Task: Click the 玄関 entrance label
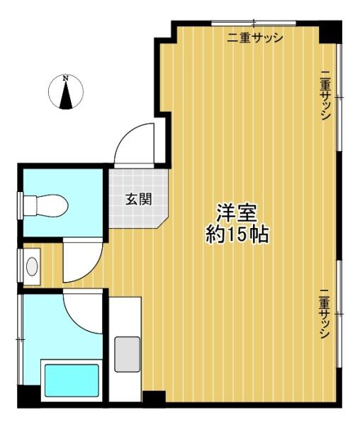pos(138,200)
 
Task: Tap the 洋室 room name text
pos(236,212)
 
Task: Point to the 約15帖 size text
pos(237,234)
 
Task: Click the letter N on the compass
pos(65,79)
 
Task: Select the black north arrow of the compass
pos(66,95)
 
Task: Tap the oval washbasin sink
pos(32,266)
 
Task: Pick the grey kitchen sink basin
pos(127,354)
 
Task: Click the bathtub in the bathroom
pos(72,380)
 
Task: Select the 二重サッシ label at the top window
pos(255,38)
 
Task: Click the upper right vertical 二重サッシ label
pos(325,95)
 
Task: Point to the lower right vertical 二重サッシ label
pos(325,314)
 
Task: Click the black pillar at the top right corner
pos(330,32)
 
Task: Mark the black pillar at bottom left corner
pos(29,397)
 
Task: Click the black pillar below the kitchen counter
pos(154,399)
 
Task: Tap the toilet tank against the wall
pos(30,205)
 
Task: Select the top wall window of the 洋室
pos(254,23)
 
